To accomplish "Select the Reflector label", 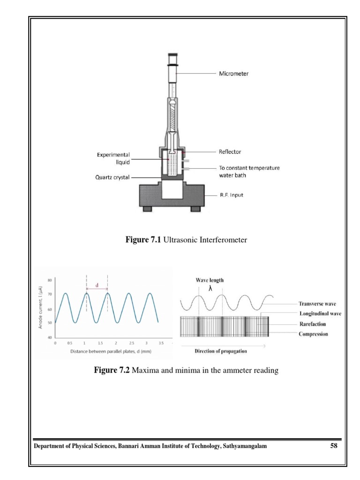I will (x=230, y=152).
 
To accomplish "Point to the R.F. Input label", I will (x=232, y=195).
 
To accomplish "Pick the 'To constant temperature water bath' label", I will (x=249, y=172).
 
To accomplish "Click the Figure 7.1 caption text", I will (x=186, y=240).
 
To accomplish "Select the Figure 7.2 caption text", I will (x=186, y=371).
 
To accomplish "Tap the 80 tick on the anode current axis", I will (x=50, y=280).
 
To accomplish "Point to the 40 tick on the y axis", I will (x=50, y=337).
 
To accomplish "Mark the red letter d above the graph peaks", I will (x=97, y=285).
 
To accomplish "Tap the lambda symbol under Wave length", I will (x=210, y=289).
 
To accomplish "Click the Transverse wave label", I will (x=320, y=304).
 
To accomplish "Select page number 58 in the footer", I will (x=333, y=446).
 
